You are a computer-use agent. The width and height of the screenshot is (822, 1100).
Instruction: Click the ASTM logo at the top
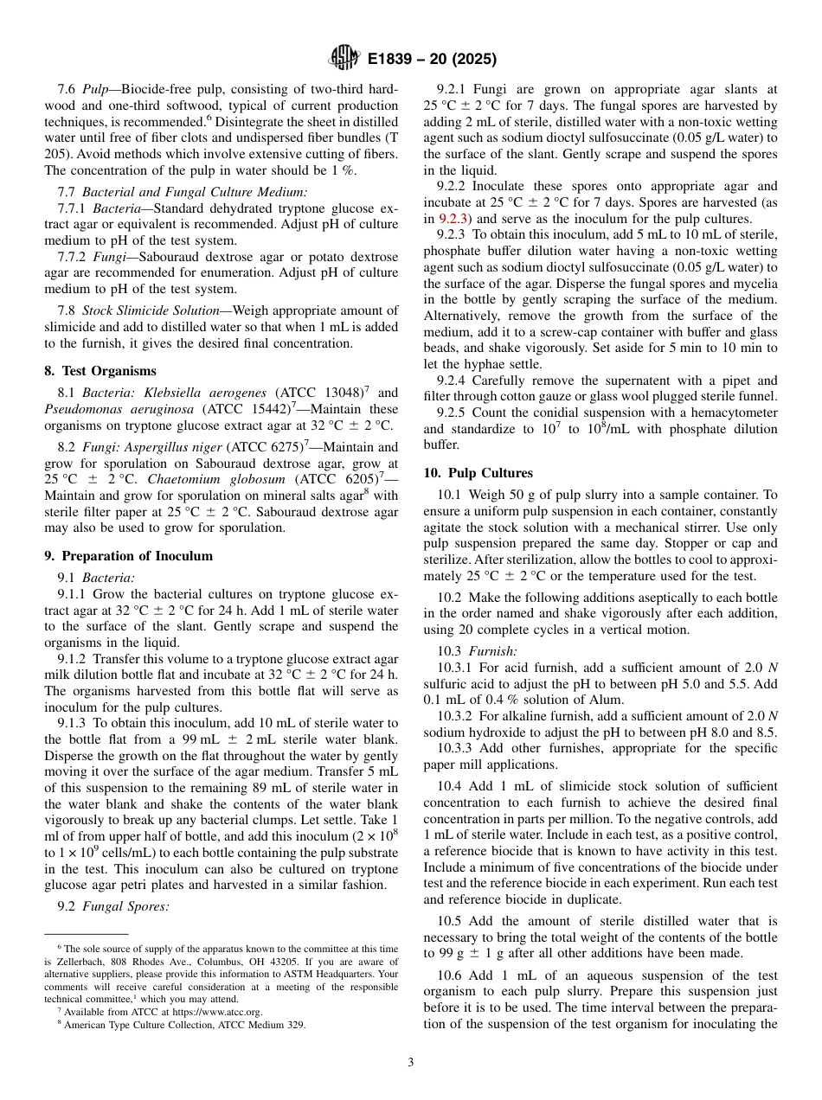tap(344, 59)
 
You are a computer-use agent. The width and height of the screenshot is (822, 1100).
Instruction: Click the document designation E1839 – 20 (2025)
tap(431, 60)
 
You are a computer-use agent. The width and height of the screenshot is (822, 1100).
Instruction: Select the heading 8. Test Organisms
tap(100, 371)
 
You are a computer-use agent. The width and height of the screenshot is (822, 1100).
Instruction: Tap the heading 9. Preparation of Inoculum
tap(128, 556)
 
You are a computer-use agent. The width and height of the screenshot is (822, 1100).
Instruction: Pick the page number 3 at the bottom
tap(410, 1063)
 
